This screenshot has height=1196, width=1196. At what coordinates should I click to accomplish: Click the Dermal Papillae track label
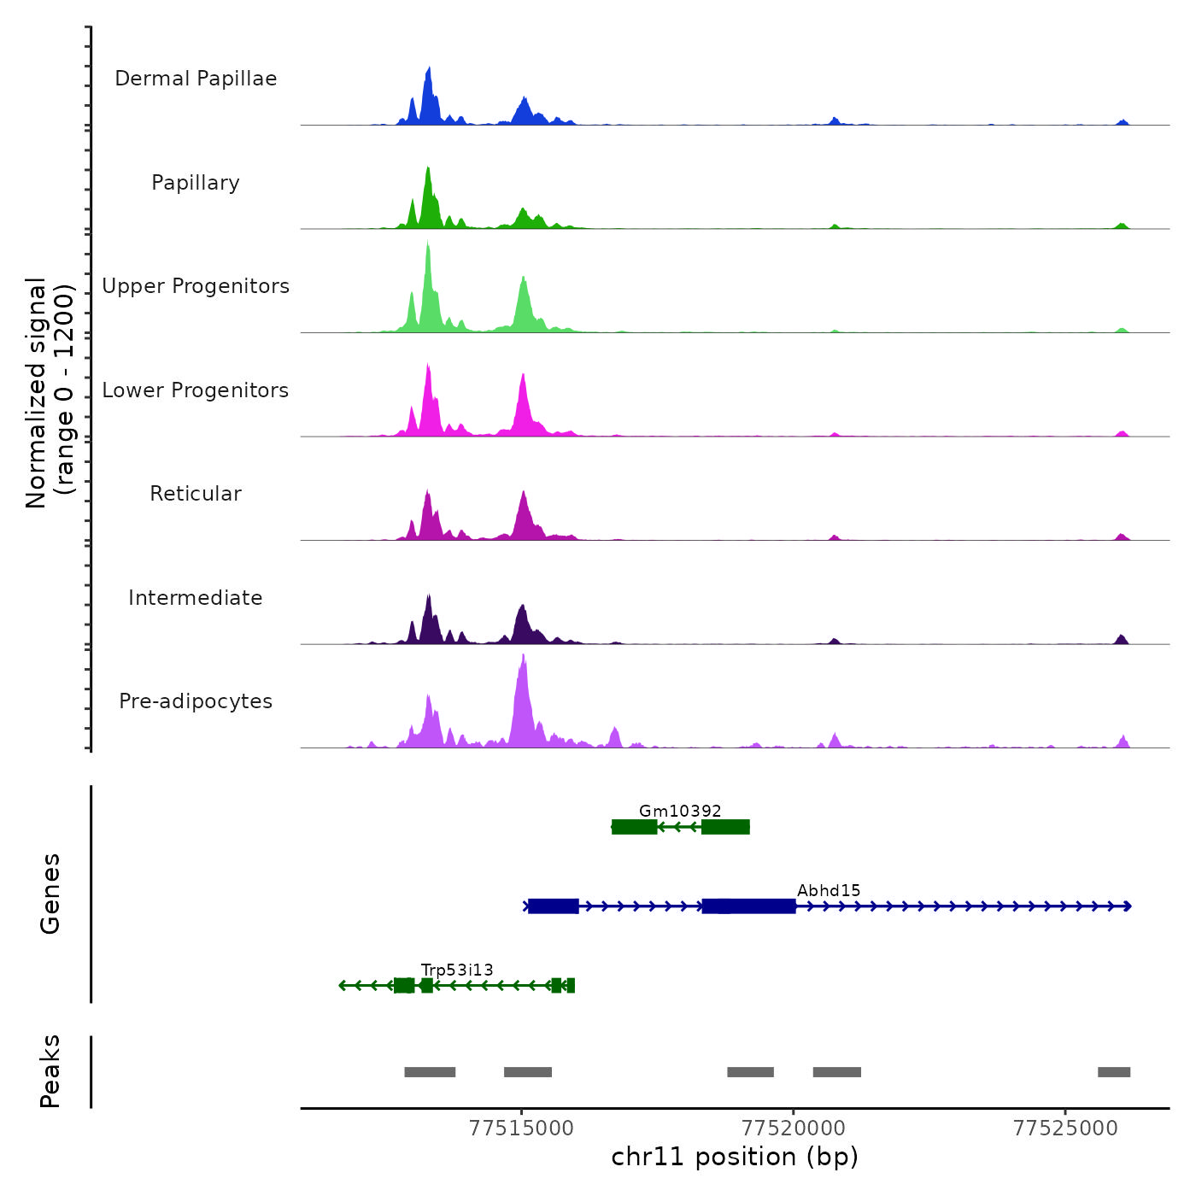[x=196, y=79]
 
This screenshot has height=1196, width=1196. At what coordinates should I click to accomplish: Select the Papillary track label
[x=196, y=183]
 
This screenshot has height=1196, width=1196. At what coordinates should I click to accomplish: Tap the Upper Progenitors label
[x=196, y=286]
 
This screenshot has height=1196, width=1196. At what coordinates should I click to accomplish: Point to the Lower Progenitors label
[x=196, y=390]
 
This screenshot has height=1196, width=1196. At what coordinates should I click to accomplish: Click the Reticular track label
[x=196, y=494]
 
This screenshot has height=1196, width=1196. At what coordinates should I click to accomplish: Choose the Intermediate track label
[x=196, y=598]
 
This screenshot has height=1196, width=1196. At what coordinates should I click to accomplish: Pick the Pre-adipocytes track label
[x=196, y=701]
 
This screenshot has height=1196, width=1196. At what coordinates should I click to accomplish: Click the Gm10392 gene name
[x=680, y=811]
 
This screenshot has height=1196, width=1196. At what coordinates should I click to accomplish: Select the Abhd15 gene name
[x=829, y=890]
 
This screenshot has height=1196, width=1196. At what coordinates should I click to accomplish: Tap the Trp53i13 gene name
[x=457, y=970]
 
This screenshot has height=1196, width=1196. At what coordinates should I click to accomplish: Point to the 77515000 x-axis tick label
[x=521, y=1129]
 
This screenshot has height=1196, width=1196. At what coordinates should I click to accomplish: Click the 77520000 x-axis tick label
[x=794, y=1129]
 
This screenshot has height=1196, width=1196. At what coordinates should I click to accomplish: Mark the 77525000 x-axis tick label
[x=1065, y=1129]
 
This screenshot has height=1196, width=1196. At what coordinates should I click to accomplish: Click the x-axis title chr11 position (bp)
[x=735, y=1157]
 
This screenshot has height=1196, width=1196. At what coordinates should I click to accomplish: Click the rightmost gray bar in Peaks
[x=1114, y=1072]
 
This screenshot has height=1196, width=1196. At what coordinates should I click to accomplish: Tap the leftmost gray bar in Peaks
[x=430, y=1072]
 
